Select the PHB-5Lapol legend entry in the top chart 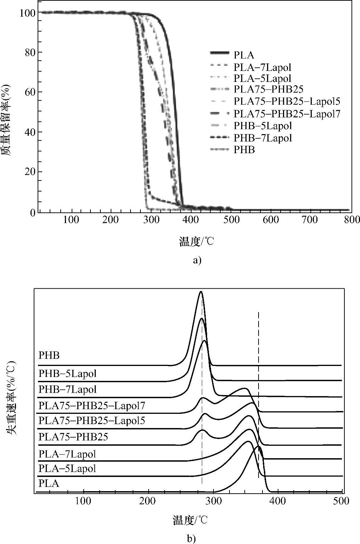coord(262,126)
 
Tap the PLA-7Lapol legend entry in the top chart coord(262,67)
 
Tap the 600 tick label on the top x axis coord(271,220)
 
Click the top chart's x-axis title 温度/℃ coord(196,242)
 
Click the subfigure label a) coord(197,260)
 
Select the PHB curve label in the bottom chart coord(49,355)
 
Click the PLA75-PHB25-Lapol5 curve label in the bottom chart coord(92,421)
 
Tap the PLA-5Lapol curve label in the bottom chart coord(67,468)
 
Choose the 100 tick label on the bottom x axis coord(83,501)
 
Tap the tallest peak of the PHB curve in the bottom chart coord(201,292)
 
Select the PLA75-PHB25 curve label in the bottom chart coord(73,437)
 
